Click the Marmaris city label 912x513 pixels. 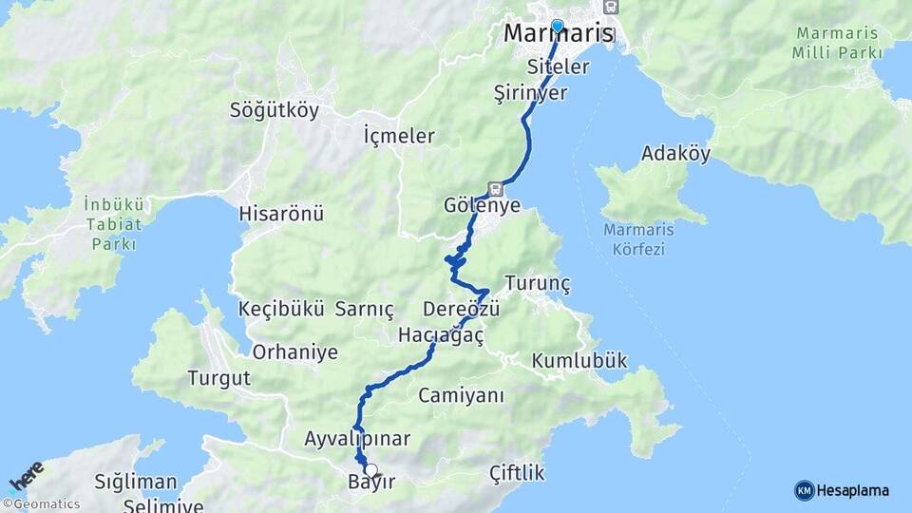[x=558, y=34]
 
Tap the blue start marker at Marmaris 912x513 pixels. [x=557, y=27]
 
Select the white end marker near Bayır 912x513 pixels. [x=370, y=469]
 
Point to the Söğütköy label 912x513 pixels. [x=275, y=110]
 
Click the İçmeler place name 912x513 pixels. [x=399, y=136]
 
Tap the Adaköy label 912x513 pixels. [x=675, y=154]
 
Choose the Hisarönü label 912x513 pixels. [x=282, y=213]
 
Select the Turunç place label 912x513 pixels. [x=538, y=283]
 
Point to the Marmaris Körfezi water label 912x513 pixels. [x=634, y=240]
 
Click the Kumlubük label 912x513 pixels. [x=579, y=361]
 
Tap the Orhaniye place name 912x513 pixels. [x=294, y=352]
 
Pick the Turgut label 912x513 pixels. [x=218, y=378]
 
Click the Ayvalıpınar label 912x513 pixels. [x=357, y=439]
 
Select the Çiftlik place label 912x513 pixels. [x=517, y=472]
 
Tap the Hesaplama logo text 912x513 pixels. [x=853, y=490]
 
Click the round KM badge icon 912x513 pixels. [x=804, y=490]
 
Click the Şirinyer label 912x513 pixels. [x=531, y=92]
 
